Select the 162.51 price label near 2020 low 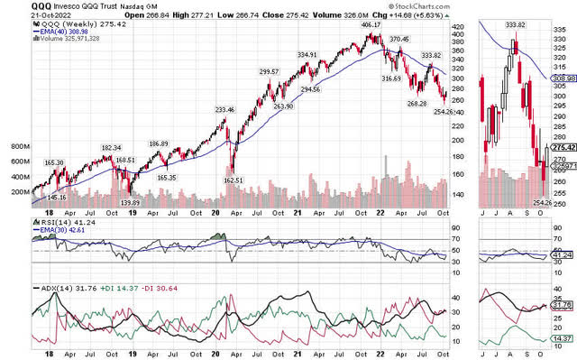(x=234, y=179)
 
